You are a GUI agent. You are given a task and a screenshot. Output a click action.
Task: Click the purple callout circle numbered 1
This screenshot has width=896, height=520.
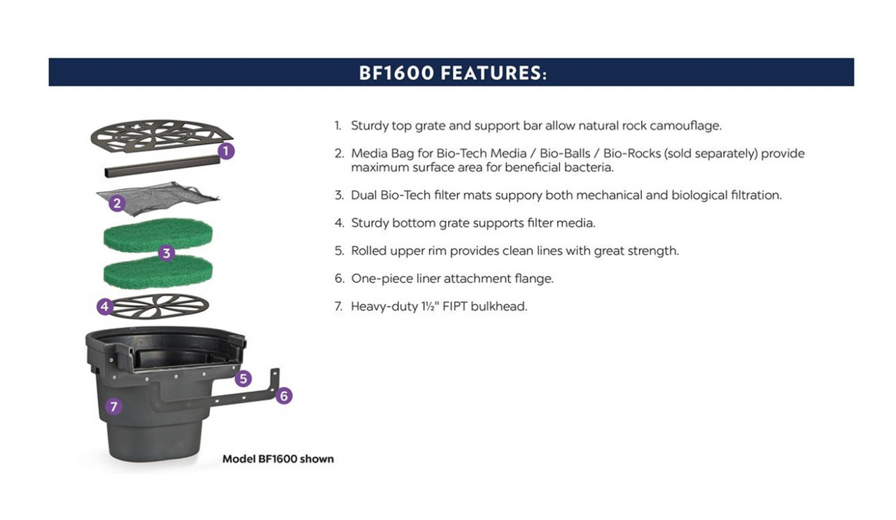click(x=225, y=150)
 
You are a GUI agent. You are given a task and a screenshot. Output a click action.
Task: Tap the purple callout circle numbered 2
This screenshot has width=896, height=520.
click(x=118, y=204)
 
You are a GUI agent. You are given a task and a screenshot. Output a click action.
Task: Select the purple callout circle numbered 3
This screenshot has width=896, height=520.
click(x=166, y=253)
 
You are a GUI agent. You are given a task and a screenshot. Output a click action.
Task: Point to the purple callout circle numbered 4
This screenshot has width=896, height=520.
click(x=105, y=307)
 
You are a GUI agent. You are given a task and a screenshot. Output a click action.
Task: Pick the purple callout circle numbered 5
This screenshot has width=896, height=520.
click(x=243, y=379)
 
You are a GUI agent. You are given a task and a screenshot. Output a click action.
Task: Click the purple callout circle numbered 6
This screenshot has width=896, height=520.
click(x=283, y=396)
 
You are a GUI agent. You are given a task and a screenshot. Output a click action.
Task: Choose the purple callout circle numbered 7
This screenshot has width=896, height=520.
click(x=115, y=406)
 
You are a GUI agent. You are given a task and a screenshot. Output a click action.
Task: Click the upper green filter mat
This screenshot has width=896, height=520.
click(x=157, y=234)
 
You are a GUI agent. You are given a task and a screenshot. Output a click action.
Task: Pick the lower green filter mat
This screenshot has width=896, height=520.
click(x=157, y=273)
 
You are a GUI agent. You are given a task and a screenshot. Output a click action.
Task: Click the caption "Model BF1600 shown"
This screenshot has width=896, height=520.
click(x=278, y=459)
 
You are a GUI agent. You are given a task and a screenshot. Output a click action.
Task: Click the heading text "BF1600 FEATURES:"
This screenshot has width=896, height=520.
click(x=452, y=73)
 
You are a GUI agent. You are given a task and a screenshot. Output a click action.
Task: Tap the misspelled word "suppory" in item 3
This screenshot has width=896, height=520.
click(x=519, y=195)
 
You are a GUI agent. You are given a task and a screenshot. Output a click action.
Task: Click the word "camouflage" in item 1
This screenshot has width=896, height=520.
click(x=685, y=126)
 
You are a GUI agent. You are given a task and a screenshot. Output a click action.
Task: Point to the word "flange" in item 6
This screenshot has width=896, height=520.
click(x=534, y=279)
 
